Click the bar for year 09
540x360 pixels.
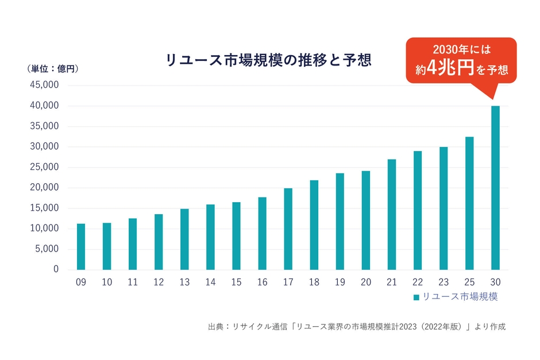tap(81, 246)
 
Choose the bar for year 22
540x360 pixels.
tap(418, 210)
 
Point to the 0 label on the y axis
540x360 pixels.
tap(56, 269)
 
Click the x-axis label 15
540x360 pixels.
tap(236, 282)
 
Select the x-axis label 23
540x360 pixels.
tap(443, 282)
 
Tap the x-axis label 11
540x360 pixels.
tap(133, 282)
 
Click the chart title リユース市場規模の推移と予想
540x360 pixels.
tap(268, 60)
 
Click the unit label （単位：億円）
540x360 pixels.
tap(52, 69)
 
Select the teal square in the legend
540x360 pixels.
tap(416, 297)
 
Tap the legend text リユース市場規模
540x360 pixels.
tap(460, 297)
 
